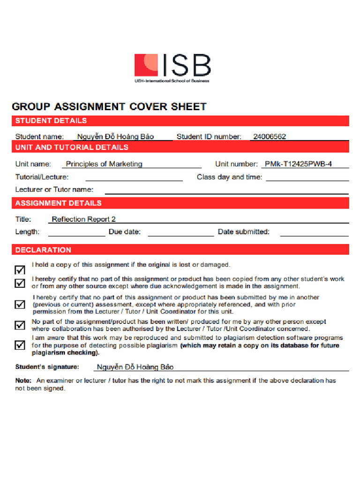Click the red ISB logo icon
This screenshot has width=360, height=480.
point(146,65)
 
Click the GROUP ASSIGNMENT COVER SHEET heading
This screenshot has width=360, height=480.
point(109,106)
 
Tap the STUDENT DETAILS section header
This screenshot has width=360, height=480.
point(51,120)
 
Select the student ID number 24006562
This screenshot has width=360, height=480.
point(270,136)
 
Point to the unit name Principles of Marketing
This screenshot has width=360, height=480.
point(104,164)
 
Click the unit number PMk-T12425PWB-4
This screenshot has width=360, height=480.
point(298,164)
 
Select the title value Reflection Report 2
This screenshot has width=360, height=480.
point(83,219)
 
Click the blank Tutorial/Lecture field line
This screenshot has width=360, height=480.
point(134,177)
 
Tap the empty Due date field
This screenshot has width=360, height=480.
point(180,232)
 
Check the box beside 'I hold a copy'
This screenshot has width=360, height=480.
point(20,270)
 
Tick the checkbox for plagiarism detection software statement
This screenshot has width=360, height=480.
point(20,345)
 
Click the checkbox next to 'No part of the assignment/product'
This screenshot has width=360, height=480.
point(20,325)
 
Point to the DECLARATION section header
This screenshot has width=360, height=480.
point(44,250)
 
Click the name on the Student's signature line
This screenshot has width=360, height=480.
point(135,367)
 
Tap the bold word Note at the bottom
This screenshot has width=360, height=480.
point(23,381)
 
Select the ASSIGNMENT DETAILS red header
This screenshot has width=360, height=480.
point(59,203)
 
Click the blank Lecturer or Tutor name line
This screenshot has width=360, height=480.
point(226,190)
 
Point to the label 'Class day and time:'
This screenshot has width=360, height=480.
point(230,177)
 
